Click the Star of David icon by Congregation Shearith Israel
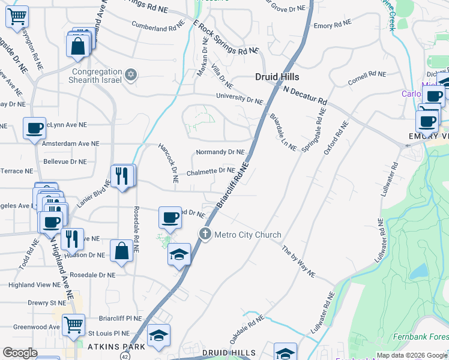(131, 75)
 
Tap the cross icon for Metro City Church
(205, 234)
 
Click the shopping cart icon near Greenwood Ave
(73, 325)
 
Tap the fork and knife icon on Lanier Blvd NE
(122, 176)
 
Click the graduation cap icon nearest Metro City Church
(179, 254)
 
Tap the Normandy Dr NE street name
(220, 152)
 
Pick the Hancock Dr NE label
(168, 163)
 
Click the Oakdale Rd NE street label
(246, 330)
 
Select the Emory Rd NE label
(331, 26)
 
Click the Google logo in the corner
(20, 353)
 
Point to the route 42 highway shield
(124, 355)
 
